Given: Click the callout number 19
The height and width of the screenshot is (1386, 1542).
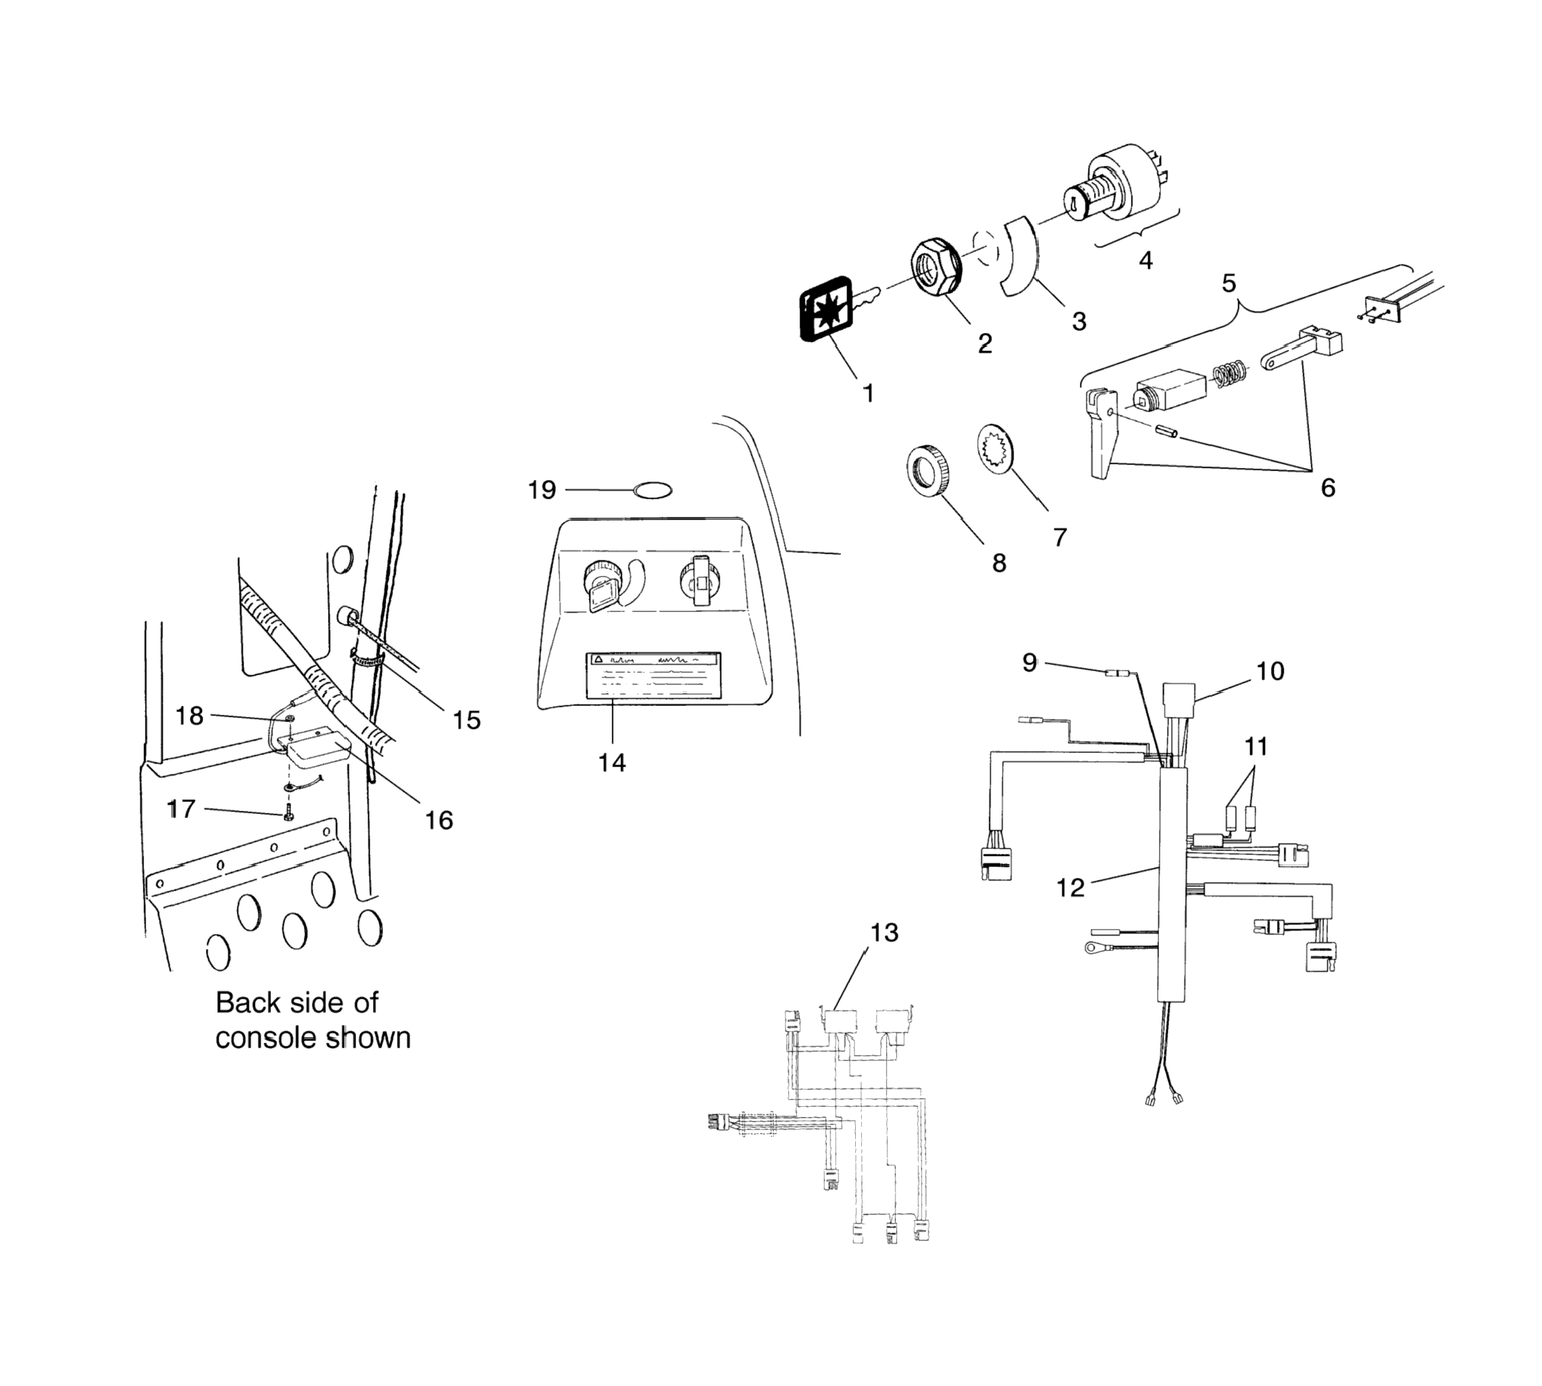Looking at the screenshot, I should (x=542, y=491).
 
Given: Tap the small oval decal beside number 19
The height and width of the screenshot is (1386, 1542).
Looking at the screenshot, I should (x=653, y=491).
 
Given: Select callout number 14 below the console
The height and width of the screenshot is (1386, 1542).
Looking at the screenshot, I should (x=611, y=762).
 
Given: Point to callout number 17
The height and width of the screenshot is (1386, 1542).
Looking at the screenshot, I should (x=181, y=809).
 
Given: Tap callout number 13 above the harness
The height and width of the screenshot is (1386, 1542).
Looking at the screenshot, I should (x=885, y=932).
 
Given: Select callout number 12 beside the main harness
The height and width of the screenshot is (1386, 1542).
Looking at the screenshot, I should (x=1070, y=887).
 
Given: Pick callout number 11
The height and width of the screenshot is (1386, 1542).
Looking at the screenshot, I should (x=1256, y=746).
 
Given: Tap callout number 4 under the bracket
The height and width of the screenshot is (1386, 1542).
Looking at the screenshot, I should (x=1146, y=260).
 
